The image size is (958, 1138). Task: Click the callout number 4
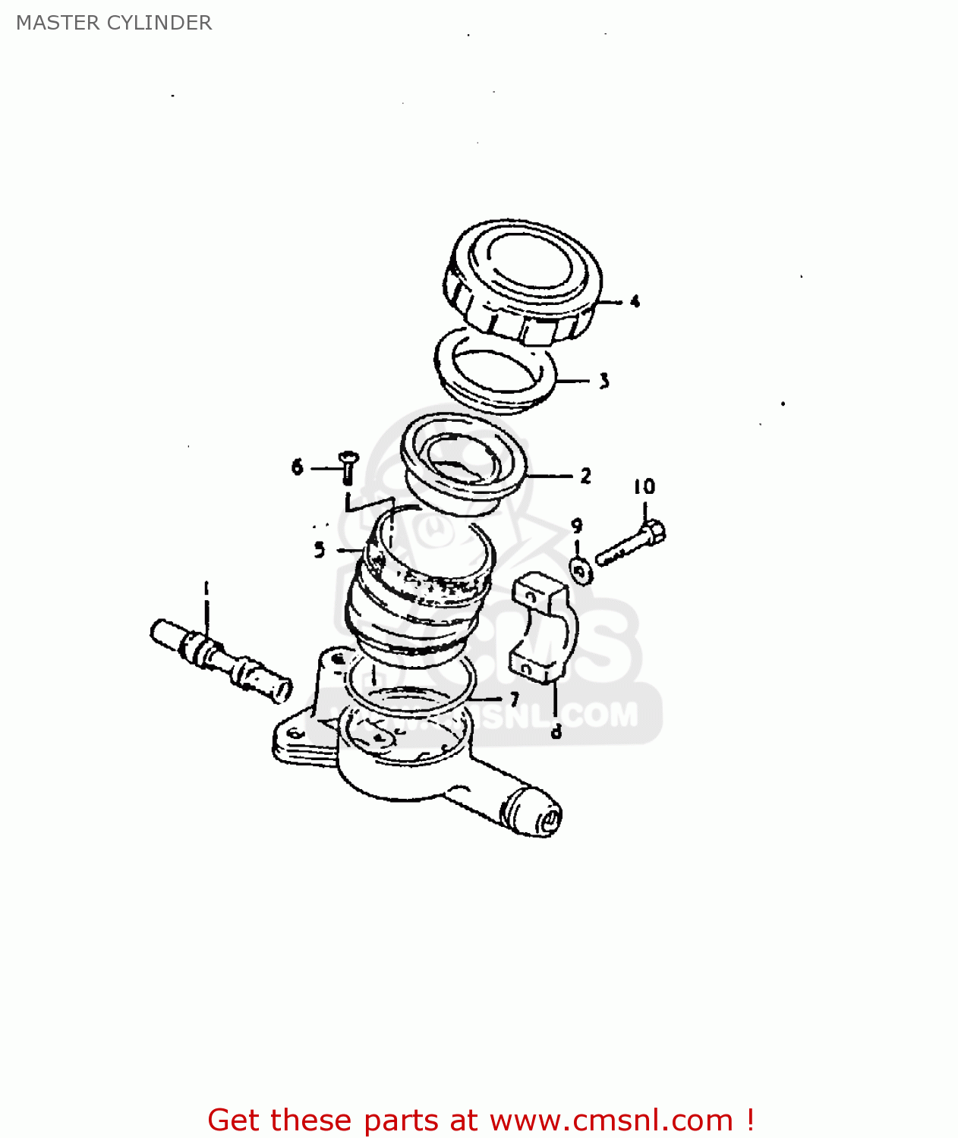635,301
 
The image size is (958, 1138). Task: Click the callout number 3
603,381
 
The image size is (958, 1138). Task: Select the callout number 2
585,476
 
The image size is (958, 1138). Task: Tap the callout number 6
297,467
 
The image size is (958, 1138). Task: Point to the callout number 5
320,549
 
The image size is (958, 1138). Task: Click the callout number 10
644,486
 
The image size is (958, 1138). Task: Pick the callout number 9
577,526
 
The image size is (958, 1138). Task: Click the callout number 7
515,698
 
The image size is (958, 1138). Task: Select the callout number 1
205,589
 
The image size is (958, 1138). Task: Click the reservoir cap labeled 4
522,281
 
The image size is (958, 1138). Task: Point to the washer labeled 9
581,571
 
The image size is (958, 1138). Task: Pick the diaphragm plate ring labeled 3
496,370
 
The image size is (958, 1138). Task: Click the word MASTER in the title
58,23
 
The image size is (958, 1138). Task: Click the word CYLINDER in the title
159,23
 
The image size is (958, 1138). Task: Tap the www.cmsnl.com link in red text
610,1121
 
